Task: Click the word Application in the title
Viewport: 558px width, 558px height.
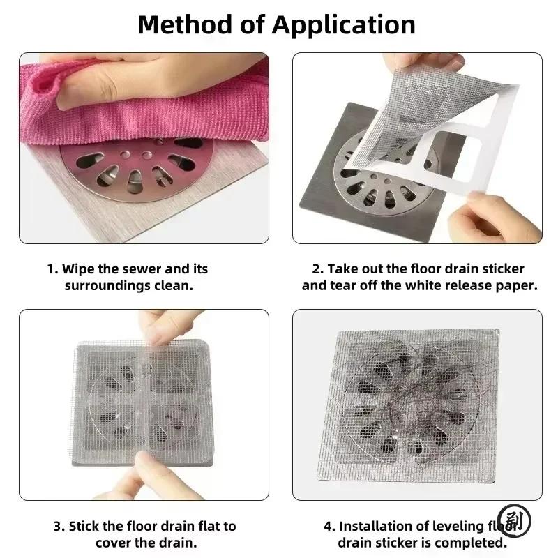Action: tap(343, 26)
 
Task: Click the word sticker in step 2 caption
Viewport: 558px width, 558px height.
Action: tap(503, 269)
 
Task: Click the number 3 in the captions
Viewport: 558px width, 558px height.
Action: tap(59, 527)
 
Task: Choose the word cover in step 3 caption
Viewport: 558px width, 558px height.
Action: tap(113, 543)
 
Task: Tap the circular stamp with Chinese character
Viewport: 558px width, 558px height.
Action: tap(514, 521)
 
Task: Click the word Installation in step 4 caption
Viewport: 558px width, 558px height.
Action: tap(373, 526)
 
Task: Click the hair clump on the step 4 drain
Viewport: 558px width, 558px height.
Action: tap(416, 398)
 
